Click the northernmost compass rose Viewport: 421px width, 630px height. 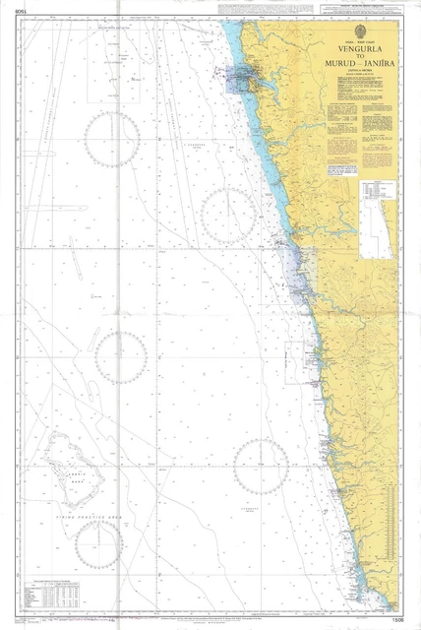click(112, 138)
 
